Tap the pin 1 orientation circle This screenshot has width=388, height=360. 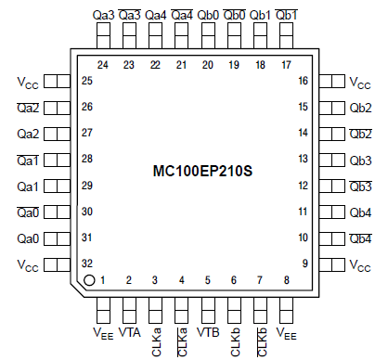click(x=89, y=280)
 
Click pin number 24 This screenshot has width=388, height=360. click(x=103, y=65)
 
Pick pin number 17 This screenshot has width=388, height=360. click(x=286, y=65)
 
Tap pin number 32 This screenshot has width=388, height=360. click(x=86, y=264)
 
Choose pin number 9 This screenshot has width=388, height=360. click(x=302, y=264)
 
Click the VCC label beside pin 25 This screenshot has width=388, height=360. click(x=28, y=82)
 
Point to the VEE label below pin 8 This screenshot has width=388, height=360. click(x=287, y=334)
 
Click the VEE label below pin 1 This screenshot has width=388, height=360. click(x=102, y=334)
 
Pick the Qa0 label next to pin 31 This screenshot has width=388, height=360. click(x=27, y=238)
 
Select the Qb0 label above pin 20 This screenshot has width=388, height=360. click(x=209, y=16)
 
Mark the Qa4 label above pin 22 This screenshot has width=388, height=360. click(x=156, y=16)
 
